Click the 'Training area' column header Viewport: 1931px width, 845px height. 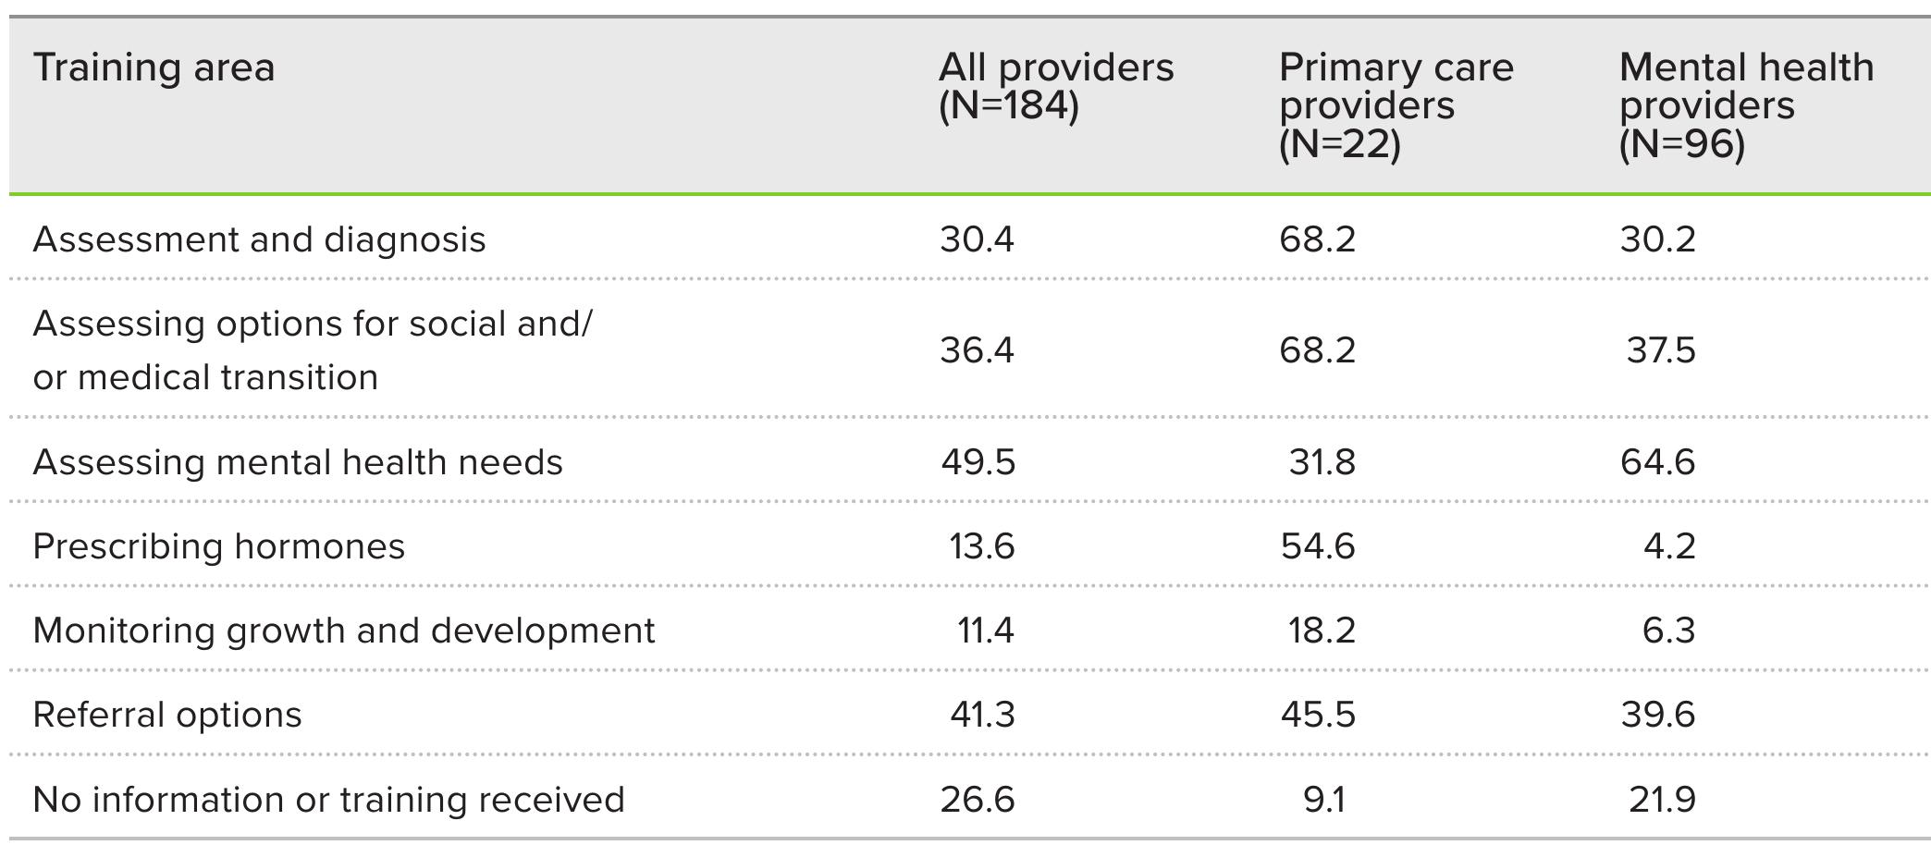click(154, 68)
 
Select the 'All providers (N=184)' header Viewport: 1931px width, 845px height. click(1055, 87)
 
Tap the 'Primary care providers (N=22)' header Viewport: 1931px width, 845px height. click(1396, 105)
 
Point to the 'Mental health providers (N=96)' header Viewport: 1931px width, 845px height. click(1746, 105)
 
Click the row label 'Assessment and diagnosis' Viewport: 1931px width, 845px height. click(259, 239)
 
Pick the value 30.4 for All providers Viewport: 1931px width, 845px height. click(977, 239)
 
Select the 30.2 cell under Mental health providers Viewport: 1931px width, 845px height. click(1657, 239)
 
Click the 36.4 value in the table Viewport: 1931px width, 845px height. click(977, 350)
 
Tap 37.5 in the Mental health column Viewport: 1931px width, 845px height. click(1660, 350)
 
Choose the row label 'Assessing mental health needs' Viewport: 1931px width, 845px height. click(297, 462)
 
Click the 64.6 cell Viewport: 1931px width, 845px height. click(1657, 462)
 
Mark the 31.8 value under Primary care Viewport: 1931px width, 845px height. click(1322, 462)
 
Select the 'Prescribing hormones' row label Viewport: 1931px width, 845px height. click(218, 546)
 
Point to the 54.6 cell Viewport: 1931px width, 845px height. click(1318, 546)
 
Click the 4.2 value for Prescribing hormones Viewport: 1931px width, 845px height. click(1669, 546)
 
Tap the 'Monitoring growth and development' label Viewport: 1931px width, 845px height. click(343, 631)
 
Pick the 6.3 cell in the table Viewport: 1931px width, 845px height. click(1669, 631)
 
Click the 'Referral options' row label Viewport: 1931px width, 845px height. click(166, 715)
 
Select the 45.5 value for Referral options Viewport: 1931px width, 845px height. click(1318, 715)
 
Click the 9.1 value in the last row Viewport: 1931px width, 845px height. click(1323, 800)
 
